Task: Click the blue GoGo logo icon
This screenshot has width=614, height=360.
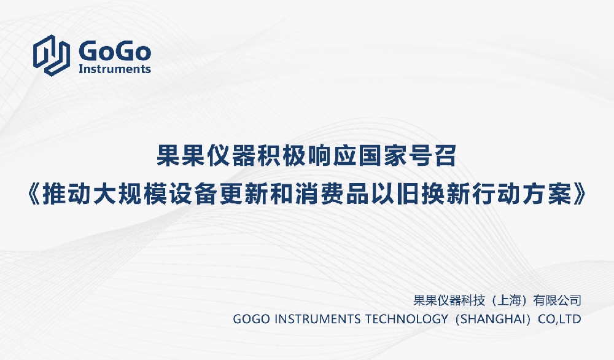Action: point(52,55)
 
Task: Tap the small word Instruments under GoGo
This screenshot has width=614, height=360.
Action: point(115,69)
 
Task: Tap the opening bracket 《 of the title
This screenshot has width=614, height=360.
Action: point(34,194)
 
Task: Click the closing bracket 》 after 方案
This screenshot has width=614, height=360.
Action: point(580,194)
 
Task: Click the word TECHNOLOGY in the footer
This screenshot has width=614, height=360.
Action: point(406,319)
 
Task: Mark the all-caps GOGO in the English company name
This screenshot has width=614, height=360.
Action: point(251,319)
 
